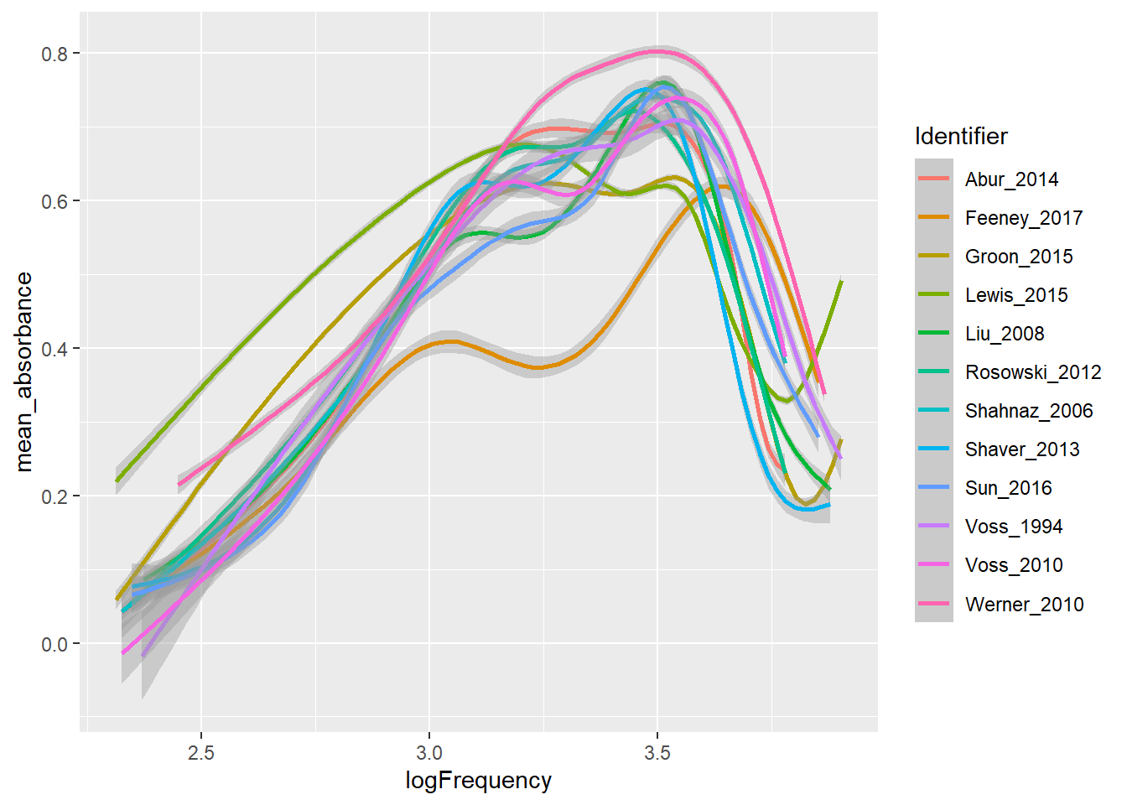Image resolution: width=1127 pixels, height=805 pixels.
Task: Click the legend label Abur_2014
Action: [x=1011, y=179]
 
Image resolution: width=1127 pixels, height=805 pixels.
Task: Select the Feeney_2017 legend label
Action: [x=1023, y=218]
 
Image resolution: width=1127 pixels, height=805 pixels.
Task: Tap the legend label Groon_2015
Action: [x=1018, y=257]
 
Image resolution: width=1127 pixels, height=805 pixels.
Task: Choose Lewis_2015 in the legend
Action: [x=1016, y=295]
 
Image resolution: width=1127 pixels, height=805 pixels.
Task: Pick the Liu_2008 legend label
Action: [x=1005, y=334]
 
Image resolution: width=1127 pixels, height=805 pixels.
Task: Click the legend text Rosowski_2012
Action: [x=1033, y=372]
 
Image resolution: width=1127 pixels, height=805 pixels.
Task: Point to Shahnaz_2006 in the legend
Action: [x=1029, y=411]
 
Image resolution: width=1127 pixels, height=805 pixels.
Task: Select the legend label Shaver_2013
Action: [x=1022, y=449]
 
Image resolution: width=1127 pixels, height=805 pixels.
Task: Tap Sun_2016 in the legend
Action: [x=1008, y=488]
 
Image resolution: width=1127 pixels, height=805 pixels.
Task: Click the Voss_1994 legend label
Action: [x=1014, y=527]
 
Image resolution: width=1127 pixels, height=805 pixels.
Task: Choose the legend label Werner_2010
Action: [x=1024, y=605]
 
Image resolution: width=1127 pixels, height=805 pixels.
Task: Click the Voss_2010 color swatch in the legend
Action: [x=933, y=565]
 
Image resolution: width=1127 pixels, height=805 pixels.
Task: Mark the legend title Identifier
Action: [x=961, y=136]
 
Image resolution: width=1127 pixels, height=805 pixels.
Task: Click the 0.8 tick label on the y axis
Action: [x=55, y=54]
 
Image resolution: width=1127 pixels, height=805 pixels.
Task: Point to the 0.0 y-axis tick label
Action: [x=55, y=644]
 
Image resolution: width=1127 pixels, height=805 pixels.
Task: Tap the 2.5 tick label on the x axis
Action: [x=201, y=753]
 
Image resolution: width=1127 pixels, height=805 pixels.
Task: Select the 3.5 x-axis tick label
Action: [x=657, y=753]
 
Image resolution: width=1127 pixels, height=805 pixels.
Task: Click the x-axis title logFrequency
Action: [x=478, y=781]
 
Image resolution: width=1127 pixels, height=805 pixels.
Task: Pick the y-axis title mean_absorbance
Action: [x=23, y=371]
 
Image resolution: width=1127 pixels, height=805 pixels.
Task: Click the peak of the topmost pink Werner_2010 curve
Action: [x=657, y=51]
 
